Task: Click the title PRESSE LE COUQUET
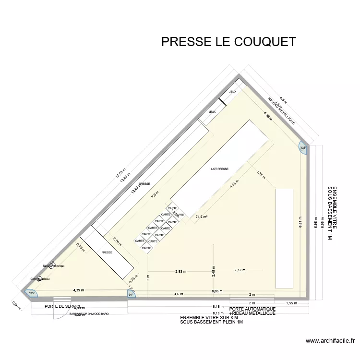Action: (x=228, y=42)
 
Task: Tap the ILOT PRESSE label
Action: (x=219, y=169)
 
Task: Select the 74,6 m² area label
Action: (x=201, y=217)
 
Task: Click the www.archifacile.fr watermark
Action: (x=331, y=341)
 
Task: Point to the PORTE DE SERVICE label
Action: (x=63, y=306)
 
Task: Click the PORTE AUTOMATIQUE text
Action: (x=252, y=309)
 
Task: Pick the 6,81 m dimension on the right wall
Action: (x=301, y=223)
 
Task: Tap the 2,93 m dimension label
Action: (x=181, y=271)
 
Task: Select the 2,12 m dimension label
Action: (x=240, y=270)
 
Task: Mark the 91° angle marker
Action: (x=131, y=295)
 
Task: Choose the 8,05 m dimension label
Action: (x=217, y=291)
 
